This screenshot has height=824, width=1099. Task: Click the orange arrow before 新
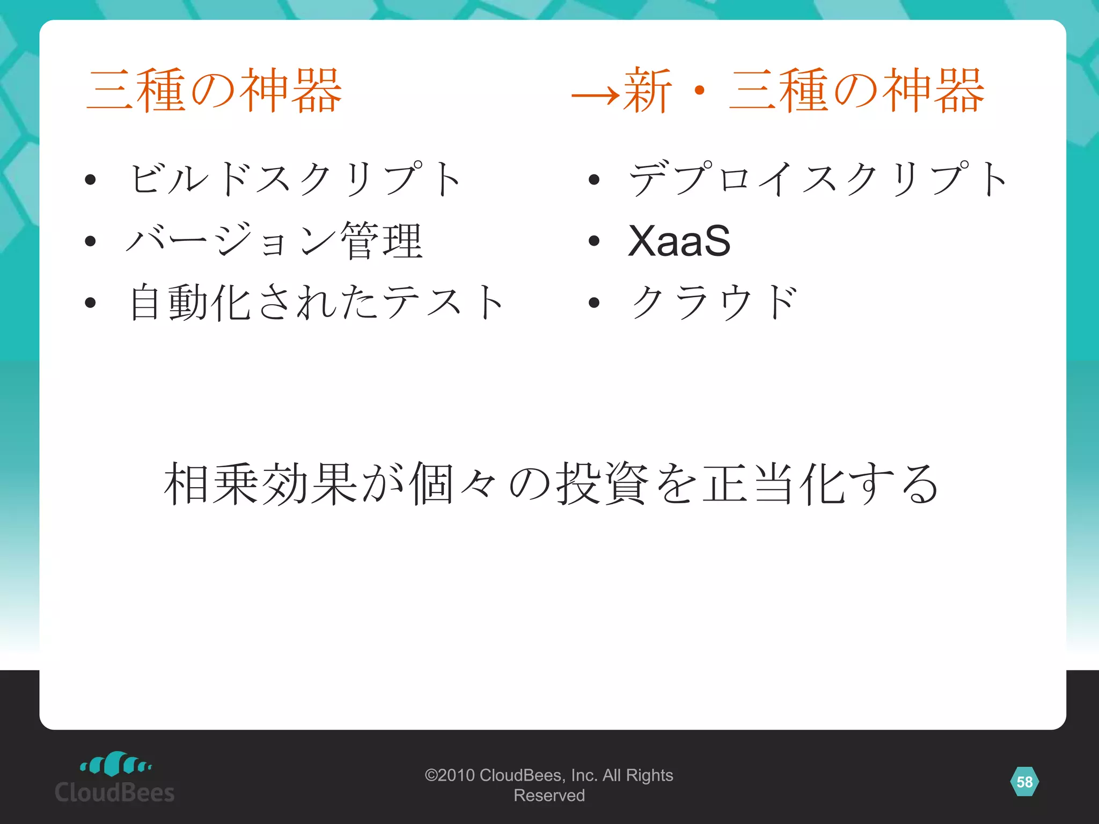tap(595, 96)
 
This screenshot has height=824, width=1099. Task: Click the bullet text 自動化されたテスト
tap(317, 303)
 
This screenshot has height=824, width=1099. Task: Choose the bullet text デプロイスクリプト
tap(818, 179)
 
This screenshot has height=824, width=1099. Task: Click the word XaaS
tap(679, 241)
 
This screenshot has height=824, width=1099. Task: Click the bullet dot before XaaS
tap(594, 241)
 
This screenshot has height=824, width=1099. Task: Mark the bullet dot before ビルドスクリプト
tap(90, 180)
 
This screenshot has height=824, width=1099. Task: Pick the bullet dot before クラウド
tap(594, 303)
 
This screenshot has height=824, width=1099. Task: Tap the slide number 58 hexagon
tap(1024, 782)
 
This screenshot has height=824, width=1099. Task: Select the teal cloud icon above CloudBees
tap(115, 763)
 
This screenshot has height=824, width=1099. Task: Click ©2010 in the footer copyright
tap(450, 775)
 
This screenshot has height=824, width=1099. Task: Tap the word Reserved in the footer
tap(549, 796)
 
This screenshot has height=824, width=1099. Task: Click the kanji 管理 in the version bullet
tap(382, 241)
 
